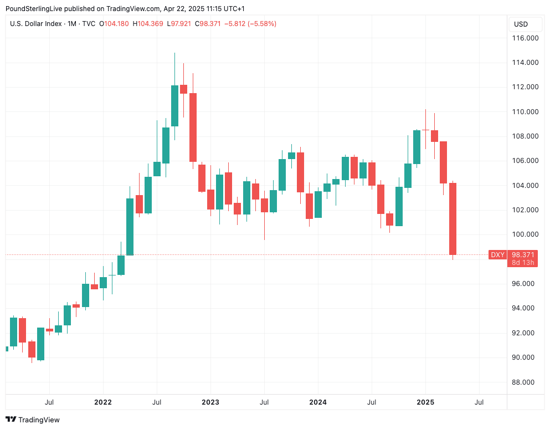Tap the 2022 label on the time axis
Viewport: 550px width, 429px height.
coord(102,402)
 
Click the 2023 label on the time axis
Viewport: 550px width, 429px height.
coord(210,402)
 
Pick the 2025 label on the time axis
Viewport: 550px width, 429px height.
coord(425,402)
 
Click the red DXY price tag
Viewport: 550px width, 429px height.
coord(497,254)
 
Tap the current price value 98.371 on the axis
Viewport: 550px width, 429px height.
coord(523,254)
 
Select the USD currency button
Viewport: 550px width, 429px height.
coord(521,24)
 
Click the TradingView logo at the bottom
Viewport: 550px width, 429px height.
coord(33,420)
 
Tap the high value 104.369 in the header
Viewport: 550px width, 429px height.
coord(150,24)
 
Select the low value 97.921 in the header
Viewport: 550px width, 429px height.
coord(183,24)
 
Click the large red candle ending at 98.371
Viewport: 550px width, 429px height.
coord(453,219)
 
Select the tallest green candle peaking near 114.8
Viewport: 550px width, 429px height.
coord(174,105)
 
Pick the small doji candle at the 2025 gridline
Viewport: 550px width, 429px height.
coord(425,130)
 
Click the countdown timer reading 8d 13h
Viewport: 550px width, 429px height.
coord(523,262)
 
